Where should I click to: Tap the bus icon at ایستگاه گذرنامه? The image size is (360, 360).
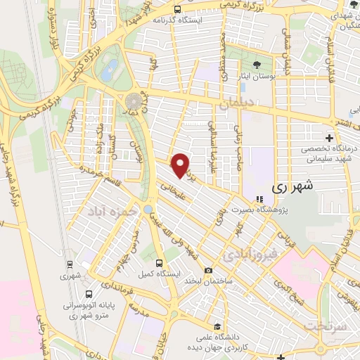[176, 9]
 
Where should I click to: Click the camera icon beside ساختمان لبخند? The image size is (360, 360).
[208, 271]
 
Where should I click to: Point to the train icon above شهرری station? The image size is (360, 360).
[70, 264]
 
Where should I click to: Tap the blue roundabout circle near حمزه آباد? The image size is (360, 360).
[148, 209]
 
